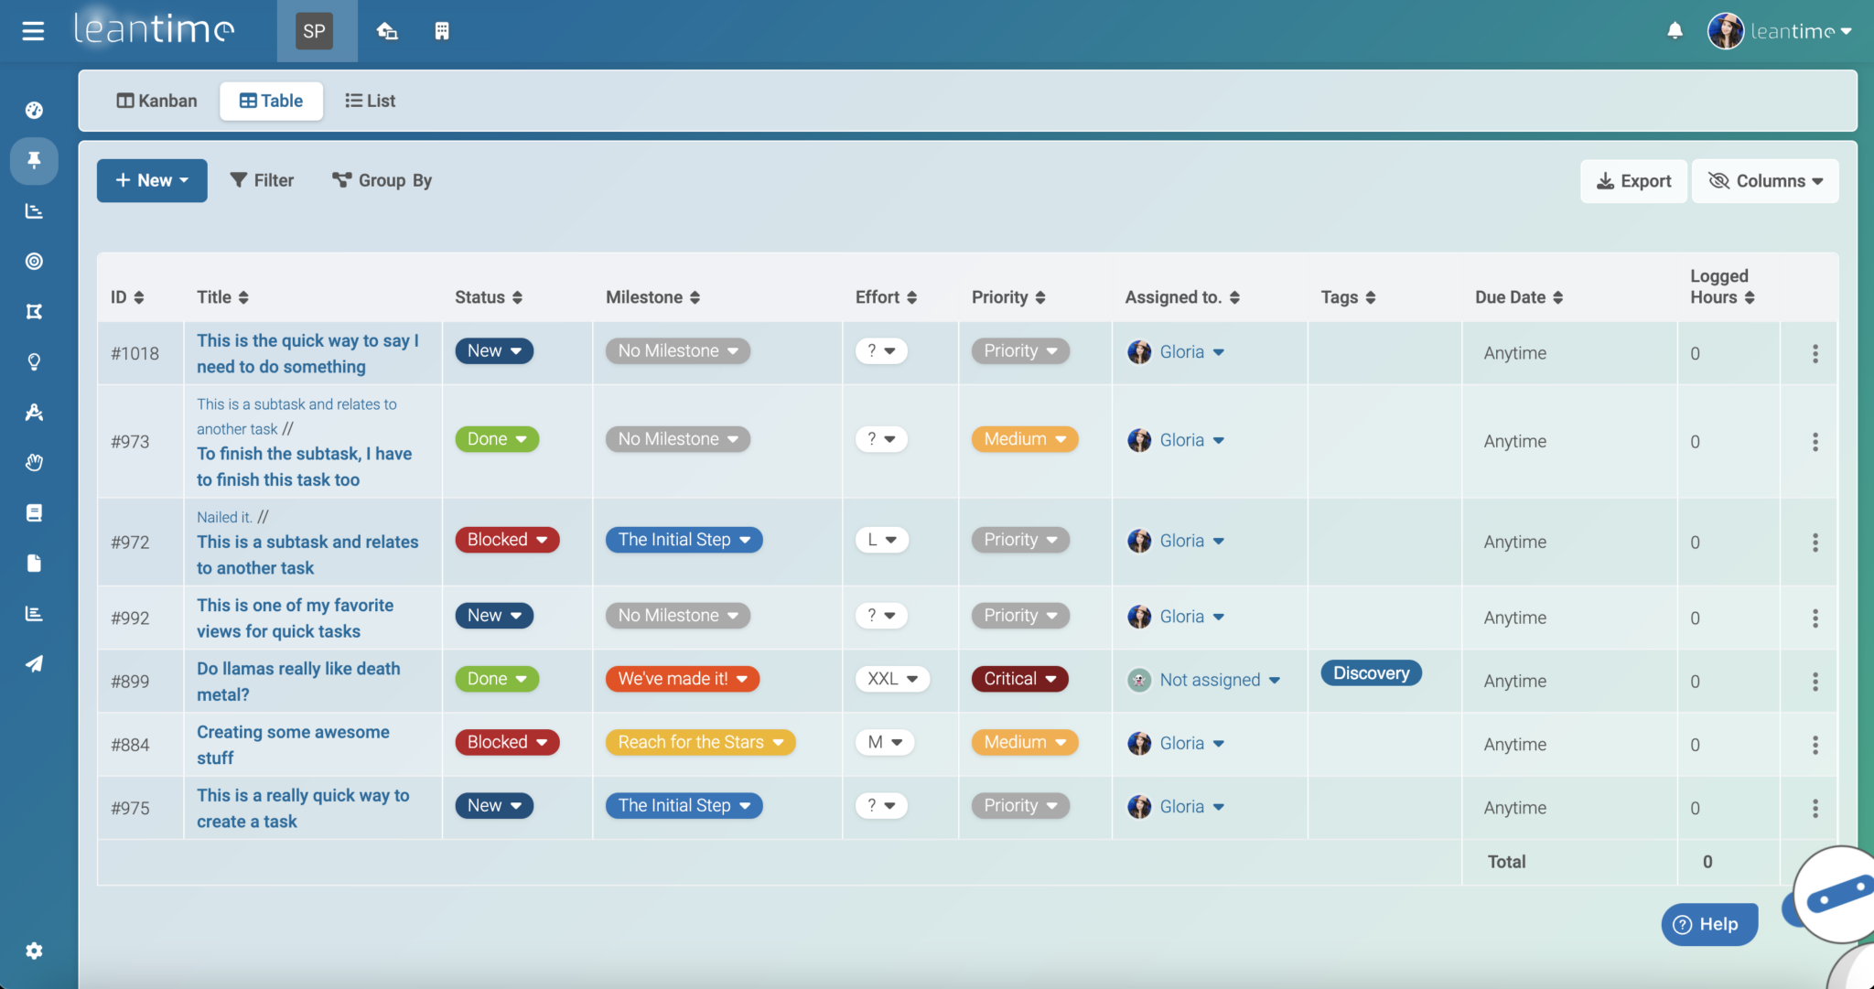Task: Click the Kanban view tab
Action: pyautogui.click(x=156, y=101)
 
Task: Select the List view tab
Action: pyautogui.click(x=370, y=101)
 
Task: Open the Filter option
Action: pyautogui.click(x=262, y=180)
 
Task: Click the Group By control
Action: pyautogui.click(x=382, y=180)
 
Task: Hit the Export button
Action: pyautogui.click(x=1633, y=181)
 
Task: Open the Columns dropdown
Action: pyautogui.click(x=1765, y=181)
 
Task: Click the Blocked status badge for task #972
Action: pyautogui.click(x=507, y=540)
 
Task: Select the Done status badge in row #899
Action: pyautogui.click(x=497, y=679)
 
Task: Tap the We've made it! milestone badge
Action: pyautogui.click(x=682, y=679)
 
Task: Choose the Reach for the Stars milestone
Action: pyautogui.click(x=700, y=742)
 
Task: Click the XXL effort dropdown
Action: pyautogui.click(x=892, y=679)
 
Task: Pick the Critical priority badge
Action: pyautogui.click(x=1019, y=679)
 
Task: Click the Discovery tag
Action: pyautogui.click(x=1371, y=673)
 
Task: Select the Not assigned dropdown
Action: pyautogui.click(x=1219, y=680)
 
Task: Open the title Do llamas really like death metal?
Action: pyautogui.click(x=298, y=682)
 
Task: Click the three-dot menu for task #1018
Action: pyautogui.click(x=1815, y=353)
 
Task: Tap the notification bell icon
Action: pyautogui.click(x=1675, y=31)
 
